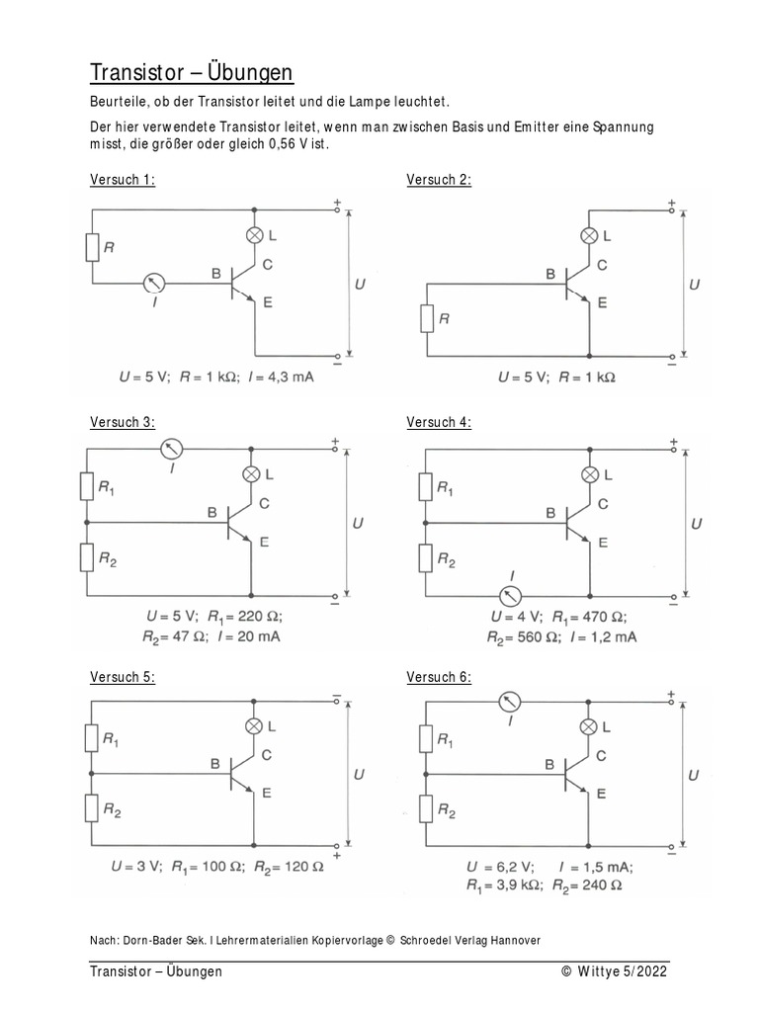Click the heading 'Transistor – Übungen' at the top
pyautogui.click(x=192, y=73)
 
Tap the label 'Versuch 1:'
pyautogui.click(x=123, y=179)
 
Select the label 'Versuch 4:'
pyautogui.click(x=439, y=422)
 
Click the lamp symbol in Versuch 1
pyautogui.click(x=254, y=234)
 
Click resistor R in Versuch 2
pyautogui.click(x=426, y=318)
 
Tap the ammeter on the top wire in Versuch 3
pyautogui.click(x=172, y=450)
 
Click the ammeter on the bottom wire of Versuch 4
pyautogui.click(x=511, y=595)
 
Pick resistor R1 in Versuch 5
pyautogui.click(x=91, y=737)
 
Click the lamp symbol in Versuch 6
pyautogui.click(x=589, y=727)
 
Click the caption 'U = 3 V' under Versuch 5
pyautogui.click(x=136, y=867)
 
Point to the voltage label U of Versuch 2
pyautogui.click(x=694, y=284)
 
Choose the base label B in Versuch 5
pyautogui.click(x=215, y=763)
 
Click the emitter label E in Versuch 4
pyautogui.click(x=601, y=542)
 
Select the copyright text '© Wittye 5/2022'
pyautogui.click(x=615, y=971)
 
